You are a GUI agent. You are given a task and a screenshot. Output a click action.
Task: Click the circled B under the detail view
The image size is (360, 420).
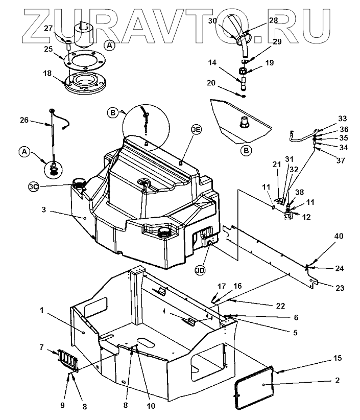click(x=246, y=151)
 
